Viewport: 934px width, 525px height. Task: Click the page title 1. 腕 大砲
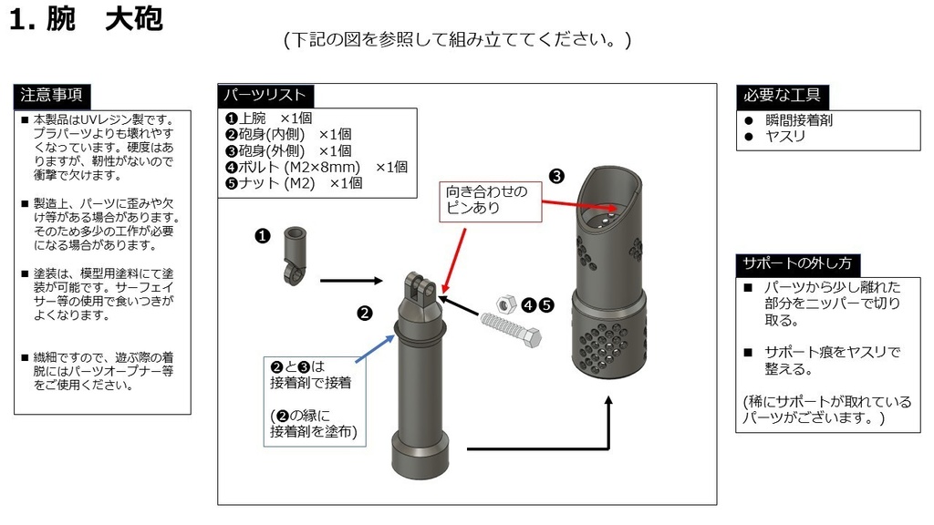click(86, 20)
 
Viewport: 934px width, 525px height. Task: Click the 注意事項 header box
click(52, 95)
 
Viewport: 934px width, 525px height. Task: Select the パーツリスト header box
click(265, 95)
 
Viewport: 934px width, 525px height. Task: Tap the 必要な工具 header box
click(782, 95)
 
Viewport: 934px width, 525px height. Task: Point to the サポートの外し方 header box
click(797, 263)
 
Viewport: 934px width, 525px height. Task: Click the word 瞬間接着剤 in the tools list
click(798, 120)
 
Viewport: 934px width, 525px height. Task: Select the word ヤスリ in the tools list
click(785, 137)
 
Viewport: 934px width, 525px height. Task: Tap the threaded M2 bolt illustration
click(511, 328)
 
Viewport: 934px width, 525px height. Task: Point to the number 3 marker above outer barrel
click(556, 175)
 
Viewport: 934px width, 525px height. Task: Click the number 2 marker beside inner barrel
click(364, 314)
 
